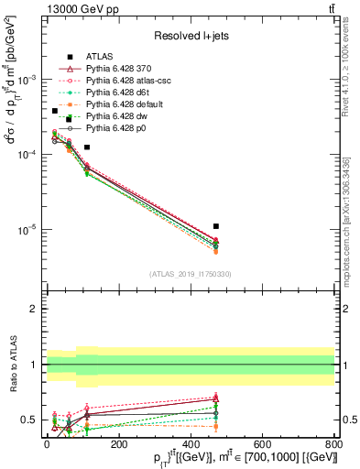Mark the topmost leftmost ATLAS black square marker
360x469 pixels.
(x=54, y=111)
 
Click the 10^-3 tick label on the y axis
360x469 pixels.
(x=27, y=80)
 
